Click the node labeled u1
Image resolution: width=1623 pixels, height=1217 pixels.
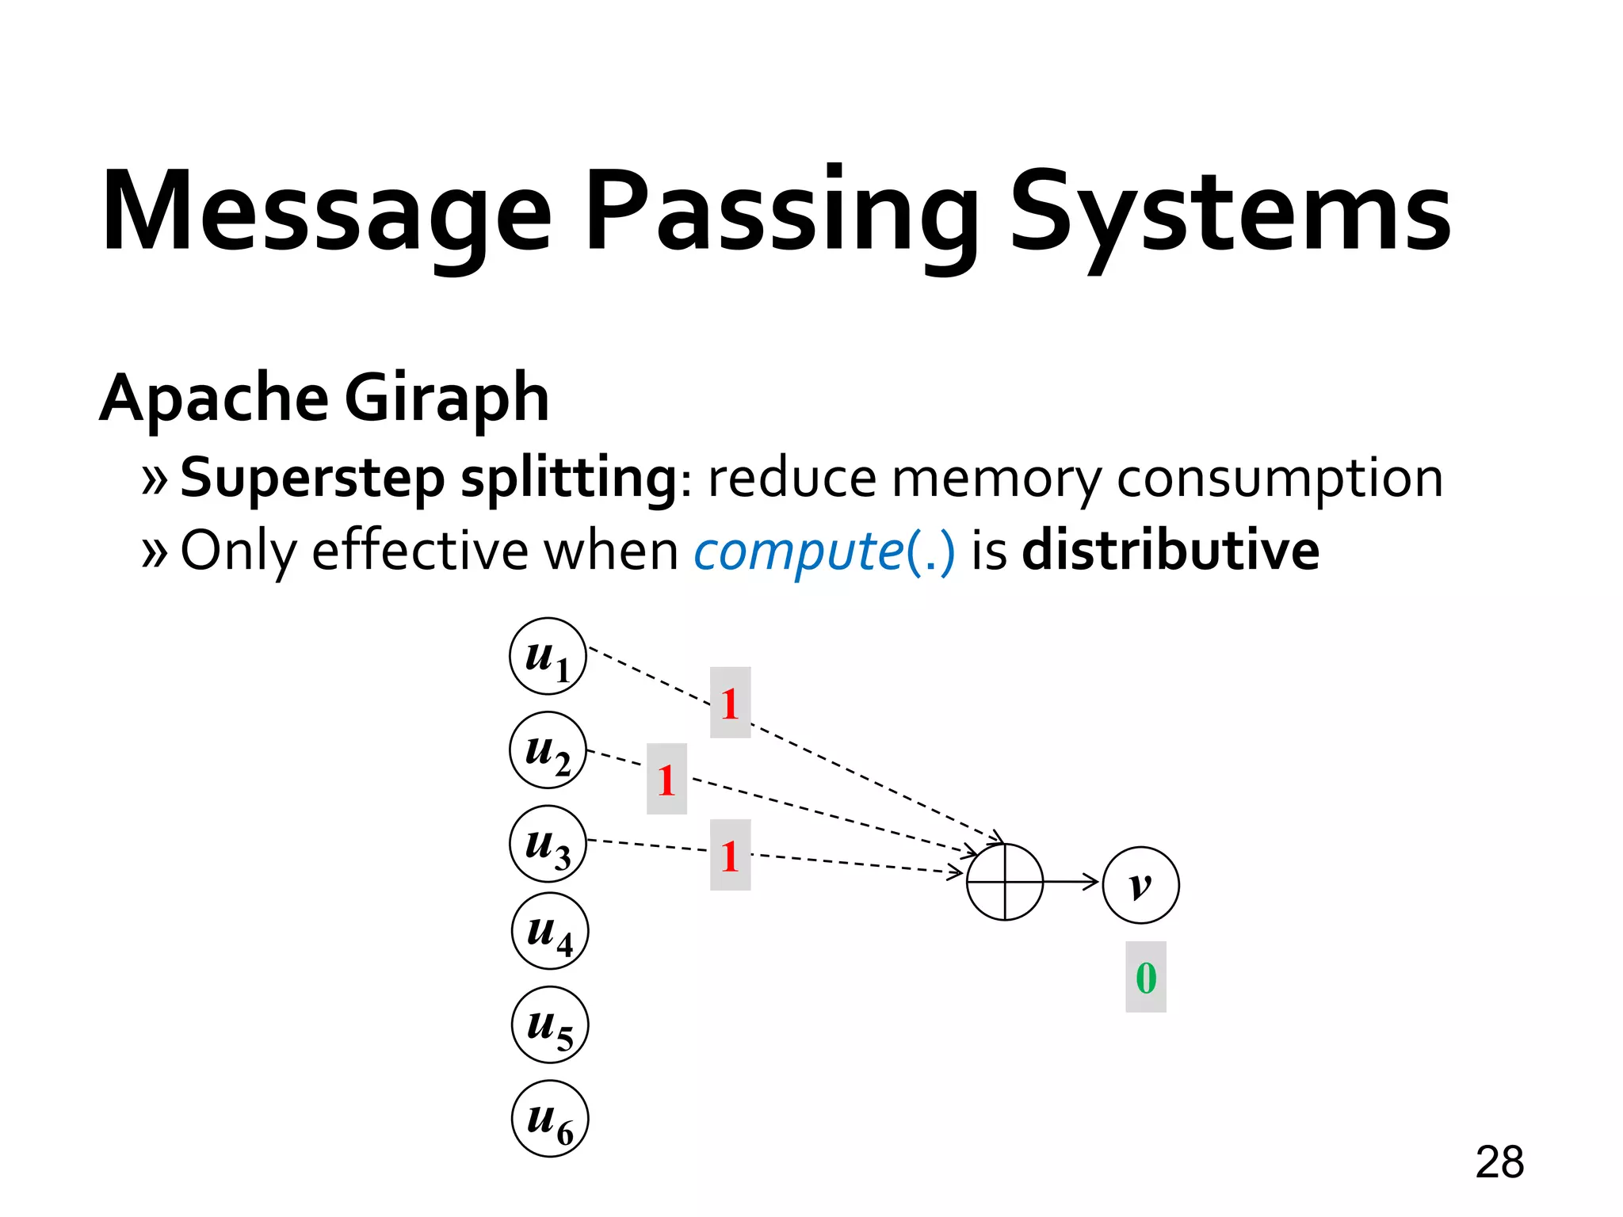(548, 656)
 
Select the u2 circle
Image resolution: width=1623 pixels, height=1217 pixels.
(548, 750)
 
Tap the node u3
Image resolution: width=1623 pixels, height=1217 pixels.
(548, 843)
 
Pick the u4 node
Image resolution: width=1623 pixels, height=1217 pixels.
(550, 930)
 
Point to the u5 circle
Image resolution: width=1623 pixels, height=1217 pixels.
(550, 1024)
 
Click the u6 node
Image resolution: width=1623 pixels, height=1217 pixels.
(550, 1118)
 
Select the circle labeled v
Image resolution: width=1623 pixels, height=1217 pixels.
(1140, 884)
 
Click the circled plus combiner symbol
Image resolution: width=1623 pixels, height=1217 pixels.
(1005, 882)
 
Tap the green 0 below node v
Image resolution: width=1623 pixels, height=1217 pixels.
(1146, 977)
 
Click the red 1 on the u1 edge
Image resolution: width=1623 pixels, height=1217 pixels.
(730, 703)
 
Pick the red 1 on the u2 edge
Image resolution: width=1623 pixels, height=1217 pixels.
(666, 779)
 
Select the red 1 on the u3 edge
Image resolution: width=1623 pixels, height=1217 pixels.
(730, 855)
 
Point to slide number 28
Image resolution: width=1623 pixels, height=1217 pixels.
(1499, 1162)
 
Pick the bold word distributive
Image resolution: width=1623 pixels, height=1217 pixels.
(1170, 550)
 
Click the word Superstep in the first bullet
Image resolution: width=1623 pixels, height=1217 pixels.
(313, 479)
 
